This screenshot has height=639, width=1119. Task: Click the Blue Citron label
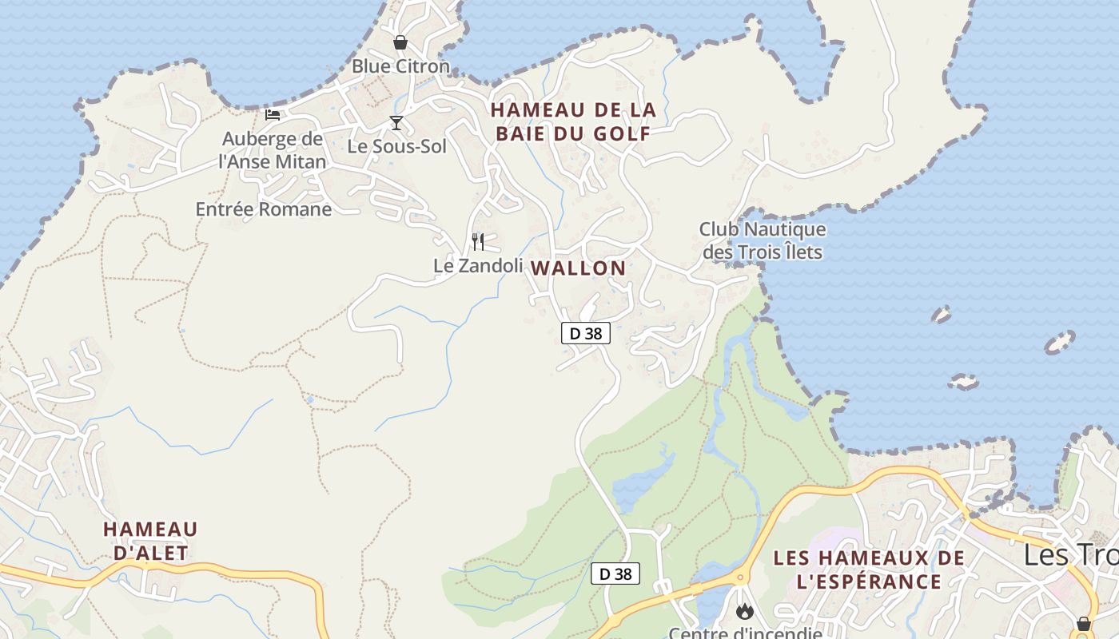(400, 66)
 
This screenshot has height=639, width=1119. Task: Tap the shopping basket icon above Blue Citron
(400, 42)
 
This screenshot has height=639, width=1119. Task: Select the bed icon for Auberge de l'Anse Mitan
(273, 114)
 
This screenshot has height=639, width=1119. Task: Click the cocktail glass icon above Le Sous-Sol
(396, 122)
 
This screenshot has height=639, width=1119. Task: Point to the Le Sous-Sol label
(396, 146)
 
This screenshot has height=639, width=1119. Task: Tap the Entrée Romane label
(264, 209)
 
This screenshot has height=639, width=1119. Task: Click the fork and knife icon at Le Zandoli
(478, 241)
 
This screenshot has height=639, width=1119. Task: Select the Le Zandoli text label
(478, 265)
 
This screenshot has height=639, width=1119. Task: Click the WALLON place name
(579, 268)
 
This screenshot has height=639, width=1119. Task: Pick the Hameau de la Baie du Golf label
(573, 121)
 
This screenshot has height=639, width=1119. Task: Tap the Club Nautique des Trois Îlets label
(762, 240)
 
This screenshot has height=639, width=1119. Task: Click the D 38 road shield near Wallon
(586, 333)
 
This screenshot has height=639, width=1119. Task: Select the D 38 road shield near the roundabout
(615, 574)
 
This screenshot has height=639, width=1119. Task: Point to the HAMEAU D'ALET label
(150, 541)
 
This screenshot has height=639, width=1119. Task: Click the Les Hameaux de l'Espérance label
(869, 569)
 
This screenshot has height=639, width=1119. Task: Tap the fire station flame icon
(745, 611)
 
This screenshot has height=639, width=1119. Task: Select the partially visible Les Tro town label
(1071, 554)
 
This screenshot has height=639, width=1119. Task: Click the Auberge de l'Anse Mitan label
(273, 150)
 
